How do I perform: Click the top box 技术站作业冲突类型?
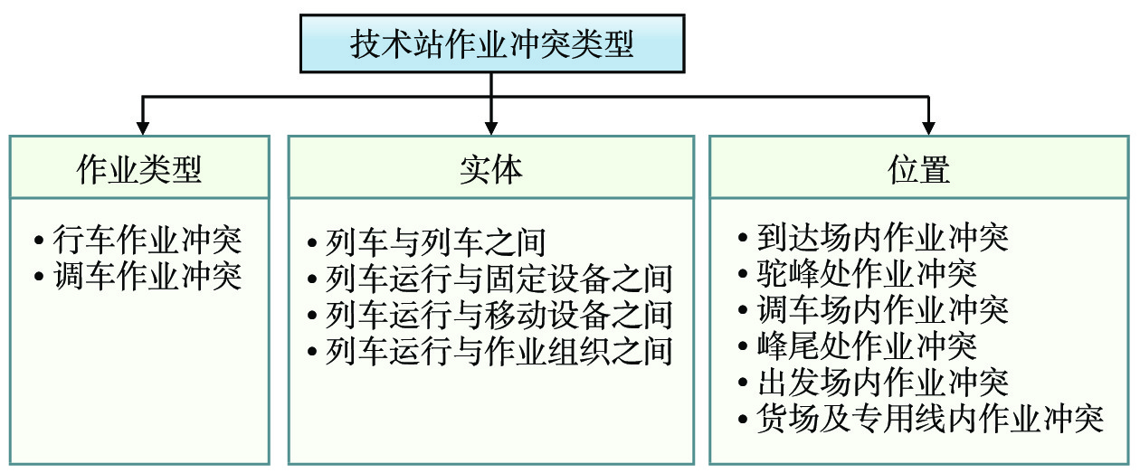(x=492, y=43)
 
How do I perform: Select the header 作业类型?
(x=139, y=169)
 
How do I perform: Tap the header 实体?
(x=491, y=169)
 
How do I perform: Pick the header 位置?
(x=918, y=169)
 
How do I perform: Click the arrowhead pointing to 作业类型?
(x=143, y=128)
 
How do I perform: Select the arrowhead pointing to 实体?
(x=491, y=128)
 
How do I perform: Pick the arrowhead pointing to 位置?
(x=929, y=128)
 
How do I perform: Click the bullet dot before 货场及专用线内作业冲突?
(x=743, y=420)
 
